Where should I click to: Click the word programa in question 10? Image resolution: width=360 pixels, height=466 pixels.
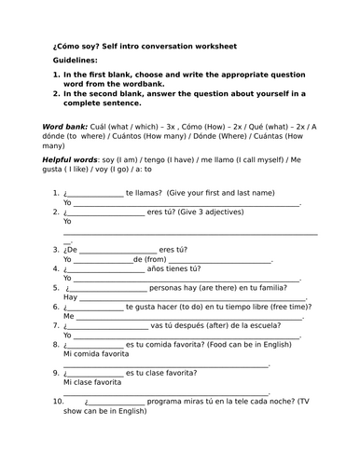click(x=165, y=401)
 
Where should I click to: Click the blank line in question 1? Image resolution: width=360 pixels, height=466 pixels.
click(x=96, y=193)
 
